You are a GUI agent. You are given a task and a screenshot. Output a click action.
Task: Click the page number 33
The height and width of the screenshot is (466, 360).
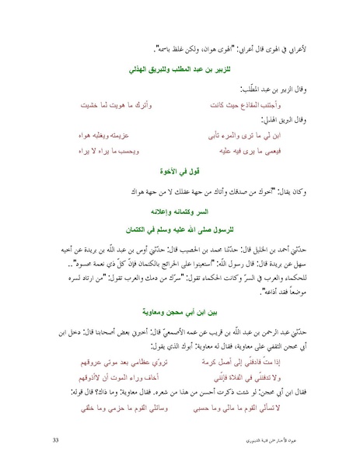coord(55,440)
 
